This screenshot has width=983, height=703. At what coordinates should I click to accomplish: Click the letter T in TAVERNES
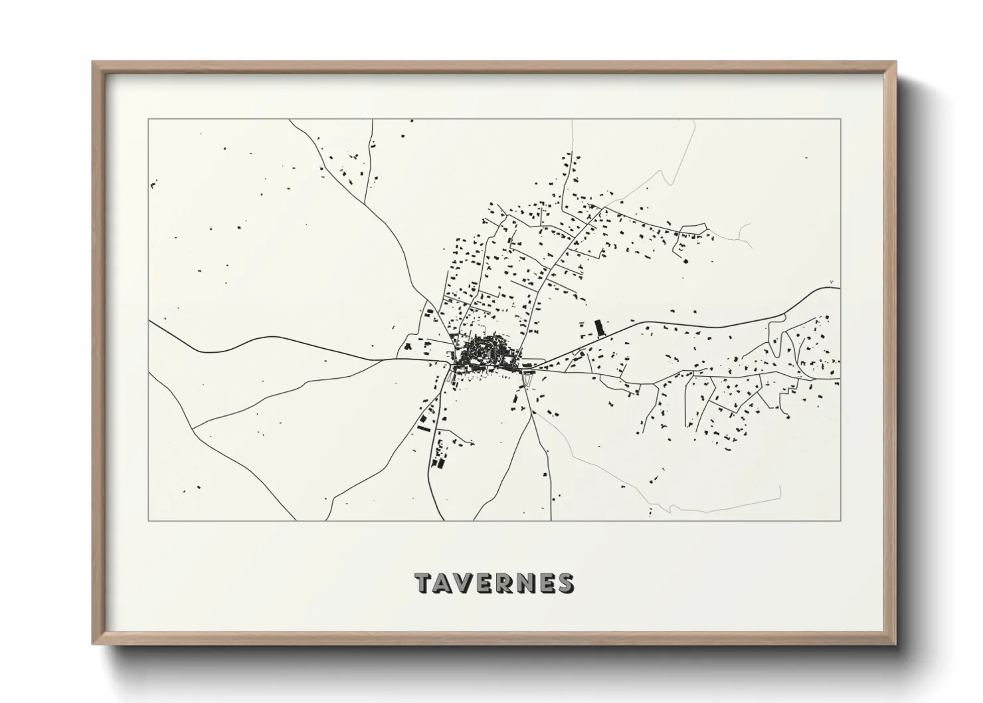tap(425, 583)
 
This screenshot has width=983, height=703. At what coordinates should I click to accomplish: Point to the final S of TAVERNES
tap(565, 583)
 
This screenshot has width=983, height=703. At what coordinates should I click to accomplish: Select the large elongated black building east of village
tap(600, 328)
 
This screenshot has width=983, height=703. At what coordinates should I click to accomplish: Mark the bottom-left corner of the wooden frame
tap(94, 643)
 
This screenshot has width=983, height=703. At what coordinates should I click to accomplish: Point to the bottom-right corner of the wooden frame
tap(895, 643)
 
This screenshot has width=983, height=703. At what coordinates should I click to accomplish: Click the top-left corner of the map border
tap(149, 120)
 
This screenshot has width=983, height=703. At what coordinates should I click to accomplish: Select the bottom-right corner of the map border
tap(841, 520)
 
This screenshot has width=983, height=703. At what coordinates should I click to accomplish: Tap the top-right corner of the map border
tap(841, 120)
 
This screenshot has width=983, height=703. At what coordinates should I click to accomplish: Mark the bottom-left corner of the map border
tap(149, 520)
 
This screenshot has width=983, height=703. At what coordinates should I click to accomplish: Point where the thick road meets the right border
tap(840, 288)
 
